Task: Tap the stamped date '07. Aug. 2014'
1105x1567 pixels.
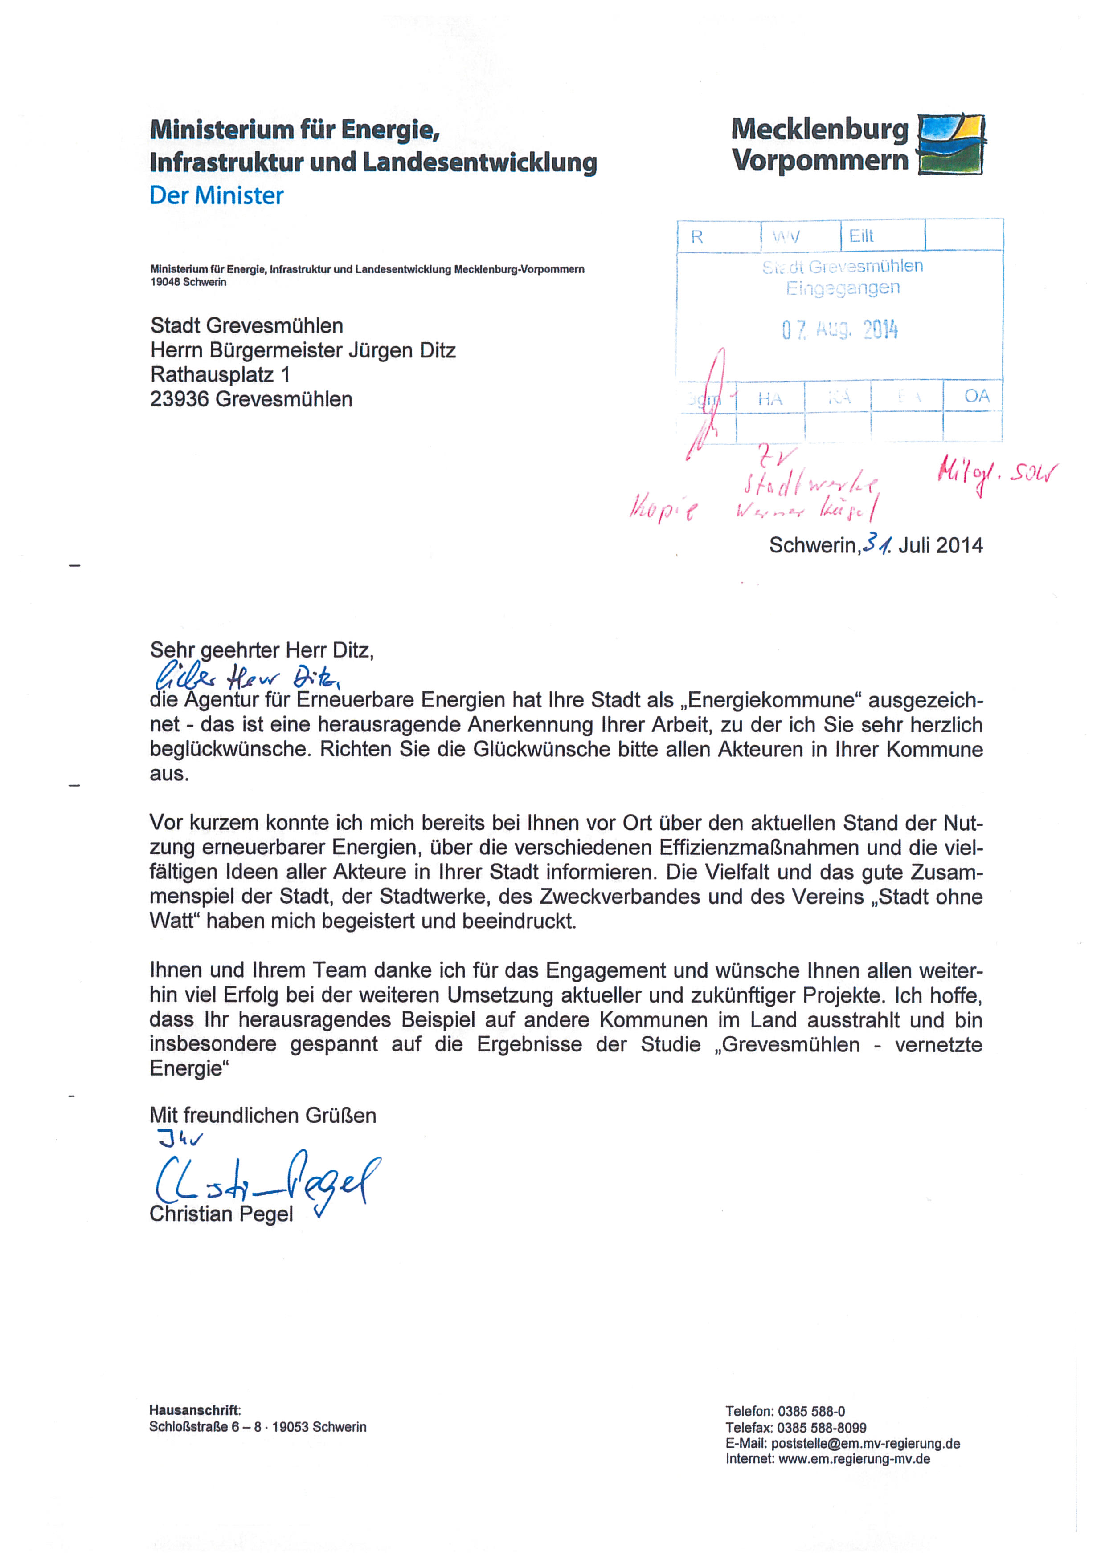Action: point(839,330)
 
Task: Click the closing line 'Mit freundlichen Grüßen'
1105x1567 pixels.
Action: point(263,1115)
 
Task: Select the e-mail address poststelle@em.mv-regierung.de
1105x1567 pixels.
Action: point(865,1444)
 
